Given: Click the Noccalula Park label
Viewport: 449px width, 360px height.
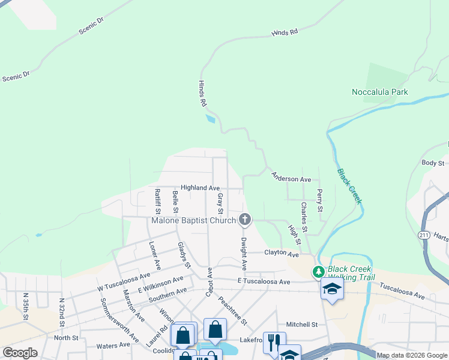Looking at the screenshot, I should [379, 92].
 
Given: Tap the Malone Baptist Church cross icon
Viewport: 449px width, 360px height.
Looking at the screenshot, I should [244, 220].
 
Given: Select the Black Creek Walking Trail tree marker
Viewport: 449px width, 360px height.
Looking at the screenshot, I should [318, 273].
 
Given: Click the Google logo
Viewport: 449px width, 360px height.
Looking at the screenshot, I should [19, 353].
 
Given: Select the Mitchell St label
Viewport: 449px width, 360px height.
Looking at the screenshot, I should [301, 325].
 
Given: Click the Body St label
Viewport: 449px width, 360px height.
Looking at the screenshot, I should [432, 163].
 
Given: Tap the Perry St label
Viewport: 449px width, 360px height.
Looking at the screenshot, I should [320, 201].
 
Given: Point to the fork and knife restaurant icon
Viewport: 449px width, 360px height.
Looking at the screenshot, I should [274, 343].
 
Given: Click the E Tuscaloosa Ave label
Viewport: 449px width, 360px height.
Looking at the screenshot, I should [264, 281].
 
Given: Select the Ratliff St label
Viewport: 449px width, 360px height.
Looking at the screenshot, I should [157, 201].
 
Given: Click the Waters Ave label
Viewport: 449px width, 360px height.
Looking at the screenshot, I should [113, 345].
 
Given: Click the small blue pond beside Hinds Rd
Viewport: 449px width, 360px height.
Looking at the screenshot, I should [210, 118].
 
